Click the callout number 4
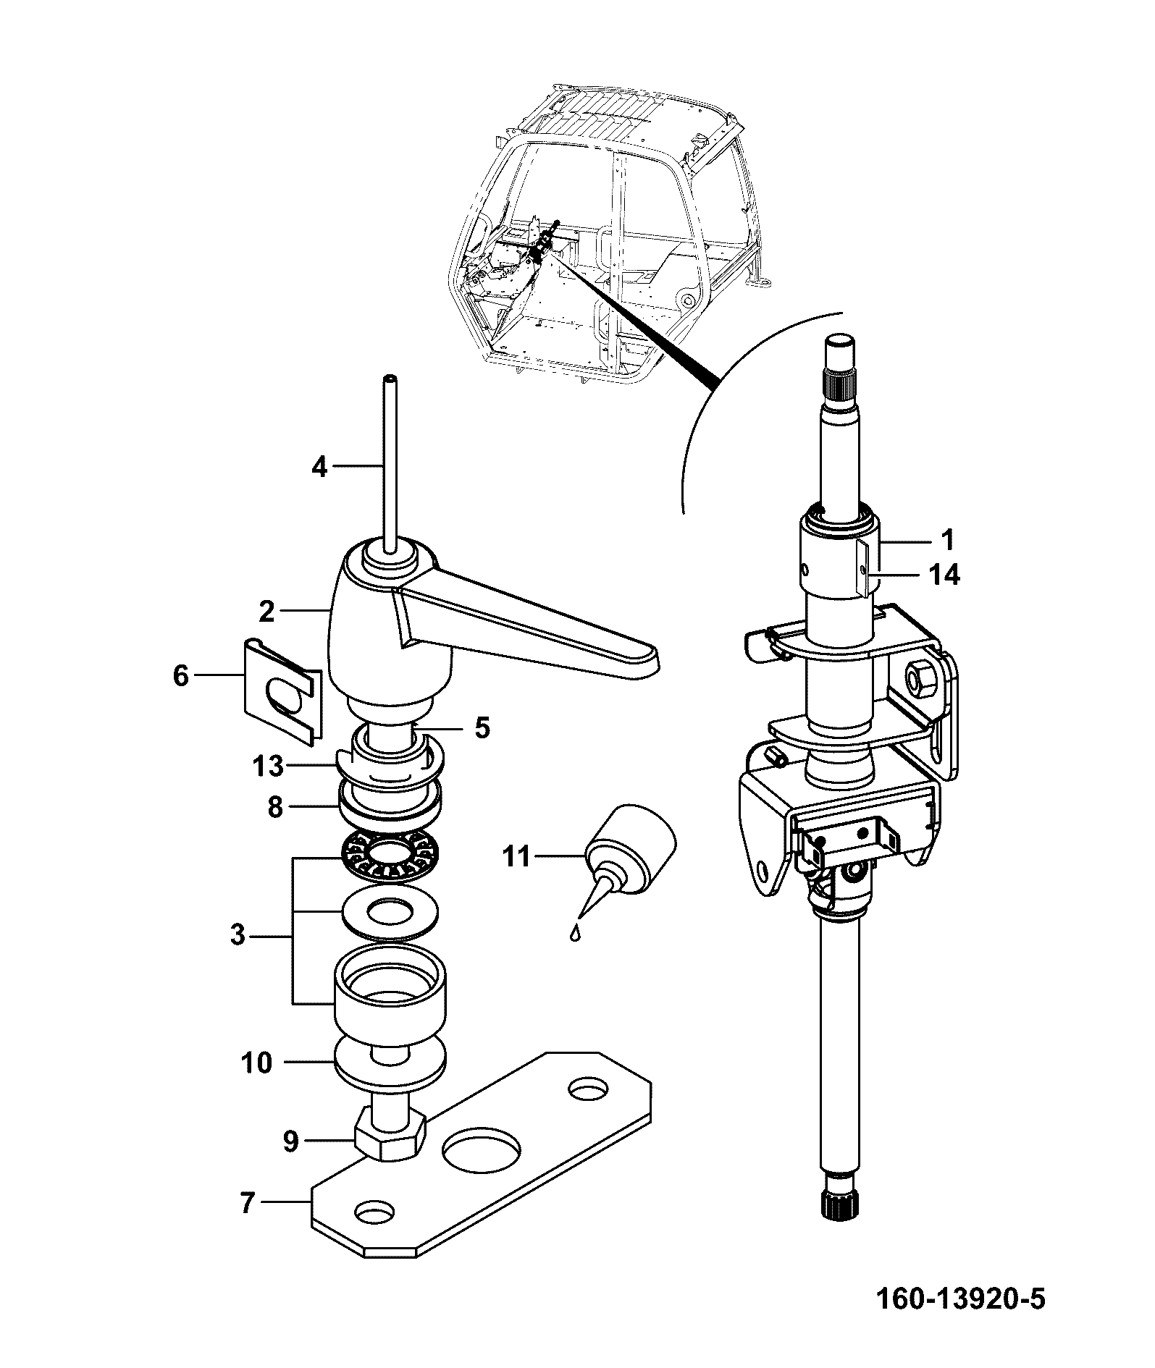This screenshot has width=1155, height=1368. click(x=319, y=467)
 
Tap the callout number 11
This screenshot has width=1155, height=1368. click(x=516, y=857)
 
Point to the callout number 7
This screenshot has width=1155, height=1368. click(x=247, y=1204)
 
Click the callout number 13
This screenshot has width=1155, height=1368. click(x=269, y=766)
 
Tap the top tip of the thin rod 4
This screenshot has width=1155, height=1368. click(x=390, y=378)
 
